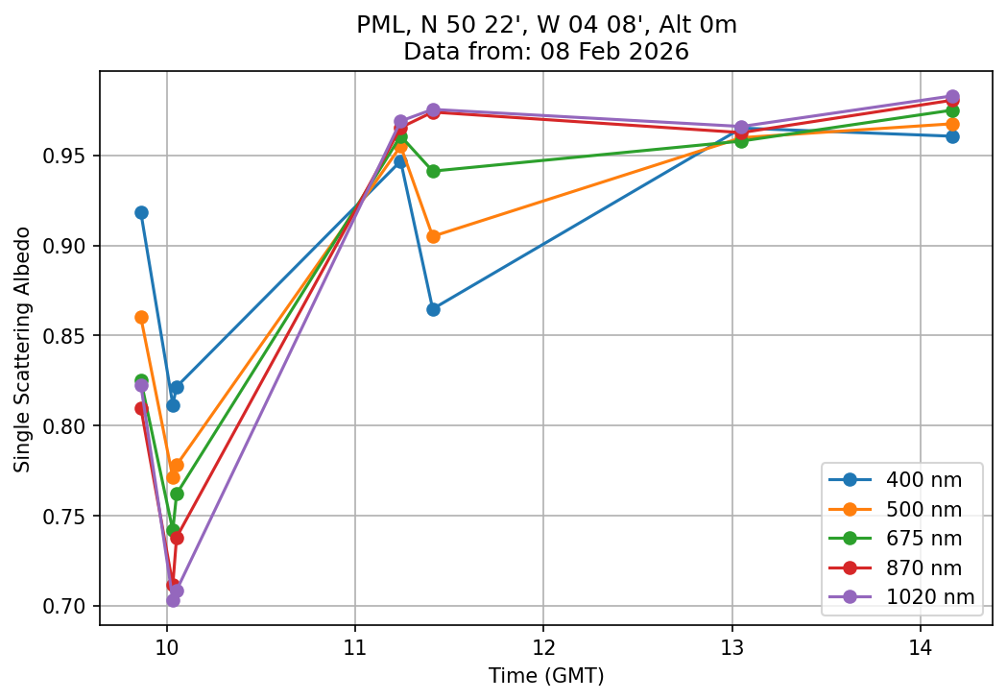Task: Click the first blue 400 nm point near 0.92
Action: [141, 212]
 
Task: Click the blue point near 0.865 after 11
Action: [433, 309]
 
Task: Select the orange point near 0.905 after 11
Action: [433, 236]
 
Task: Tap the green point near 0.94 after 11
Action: [433, 171]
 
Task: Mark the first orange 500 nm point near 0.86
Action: [141, 317]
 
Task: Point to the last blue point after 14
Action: [952, 136]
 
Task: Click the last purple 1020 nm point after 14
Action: [952, 97]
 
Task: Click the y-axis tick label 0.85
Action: [68, 336]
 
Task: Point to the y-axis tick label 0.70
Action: [68, 607]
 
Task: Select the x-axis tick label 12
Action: [543, 646]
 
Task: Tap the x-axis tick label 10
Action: [167, 646]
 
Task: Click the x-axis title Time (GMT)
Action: [546, 676]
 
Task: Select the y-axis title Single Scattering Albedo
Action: [22, 350]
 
